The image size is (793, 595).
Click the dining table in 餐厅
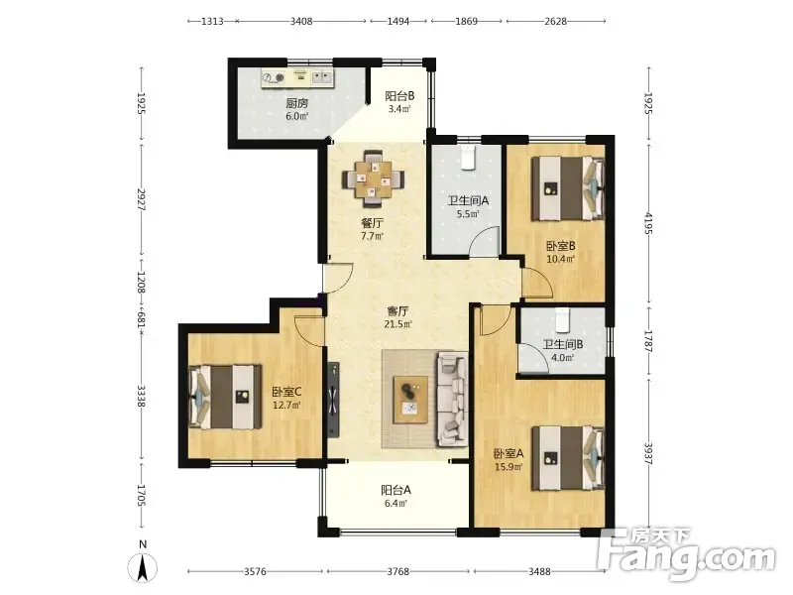[x=374, y=178]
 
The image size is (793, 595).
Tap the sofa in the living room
[x=452, y=400]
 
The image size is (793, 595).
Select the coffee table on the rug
[x=410, y=400]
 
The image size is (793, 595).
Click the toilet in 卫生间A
[x=468, y=157]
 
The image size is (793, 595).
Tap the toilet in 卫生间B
[x=562, y=318]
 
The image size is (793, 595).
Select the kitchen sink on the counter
[x=321, y=77]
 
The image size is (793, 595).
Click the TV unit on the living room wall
[x=333, y=400]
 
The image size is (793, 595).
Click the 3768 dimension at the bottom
[x=398, y=572]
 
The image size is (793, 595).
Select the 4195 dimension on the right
[x=649, y=224]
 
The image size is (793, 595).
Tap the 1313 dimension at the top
[x=212, y=21]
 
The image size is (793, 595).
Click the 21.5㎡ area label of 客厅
[x=398, y=324]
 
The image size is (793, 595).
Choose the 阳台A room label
[x=396, y=490]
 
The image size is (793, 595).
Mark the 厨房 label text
[x=296, y=103]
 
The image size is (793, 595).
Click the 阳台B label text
[x=399, y=95]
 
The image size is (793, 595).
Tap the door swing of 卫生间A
[x=484, y=242]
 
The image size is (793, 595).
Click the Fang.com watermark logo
[x=687, y=554]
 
